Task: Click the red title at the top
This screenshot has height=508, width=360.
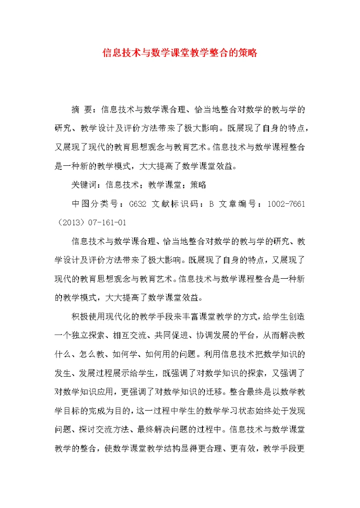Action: [179, 52]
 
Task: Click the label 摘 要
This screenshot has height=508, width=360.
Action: [82, 109]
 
